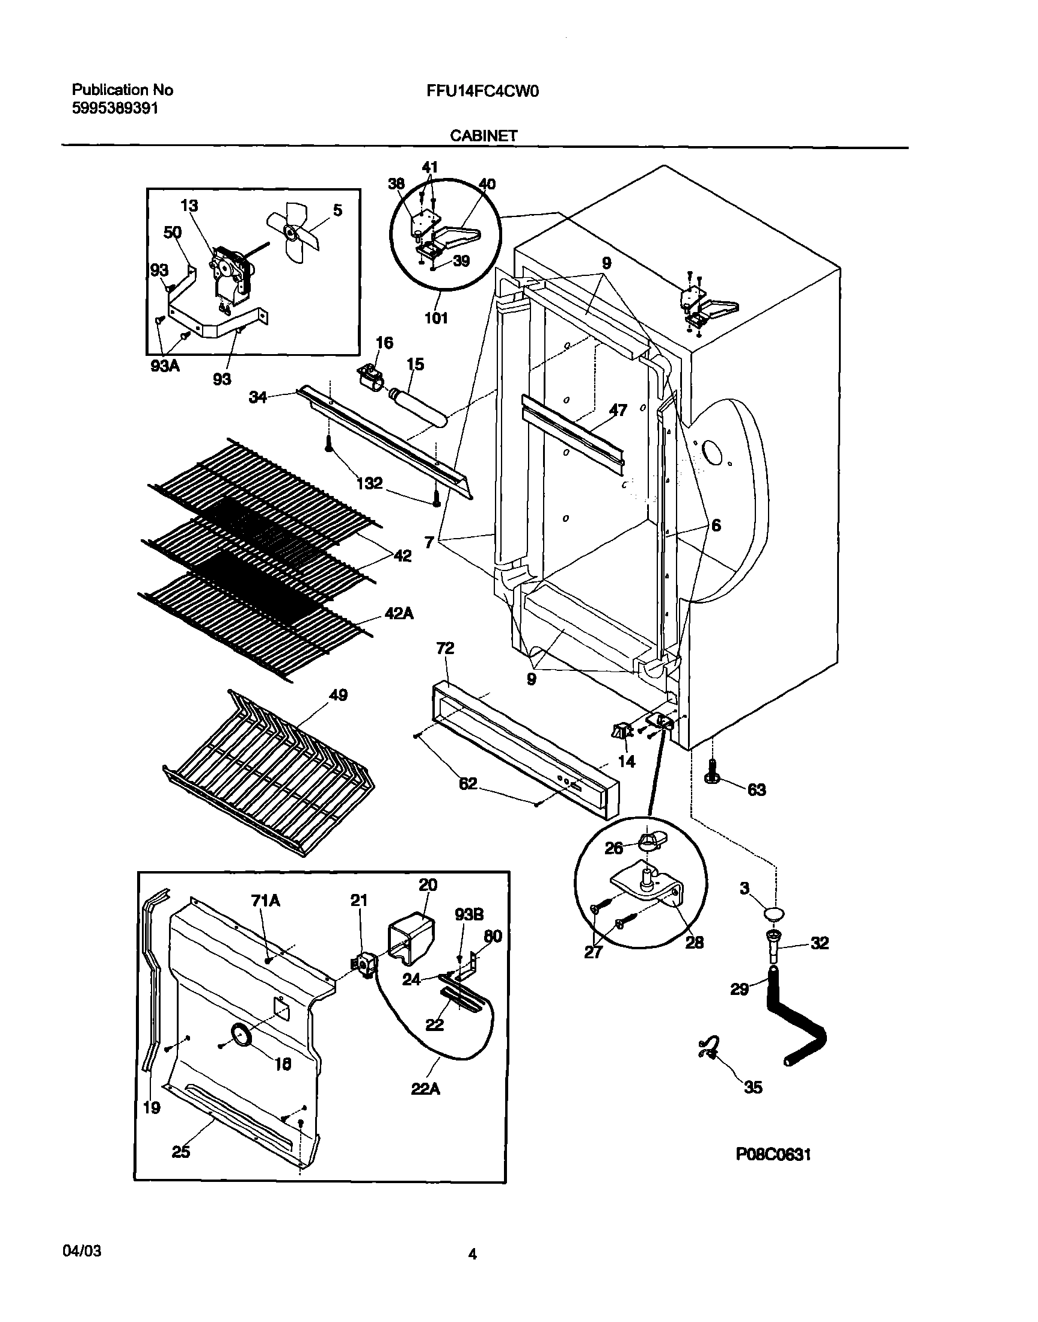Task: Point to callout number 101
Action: pos(436,318)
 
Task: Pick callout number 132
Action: pos(369,483)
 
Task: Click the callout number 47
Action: pos(618,410)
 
